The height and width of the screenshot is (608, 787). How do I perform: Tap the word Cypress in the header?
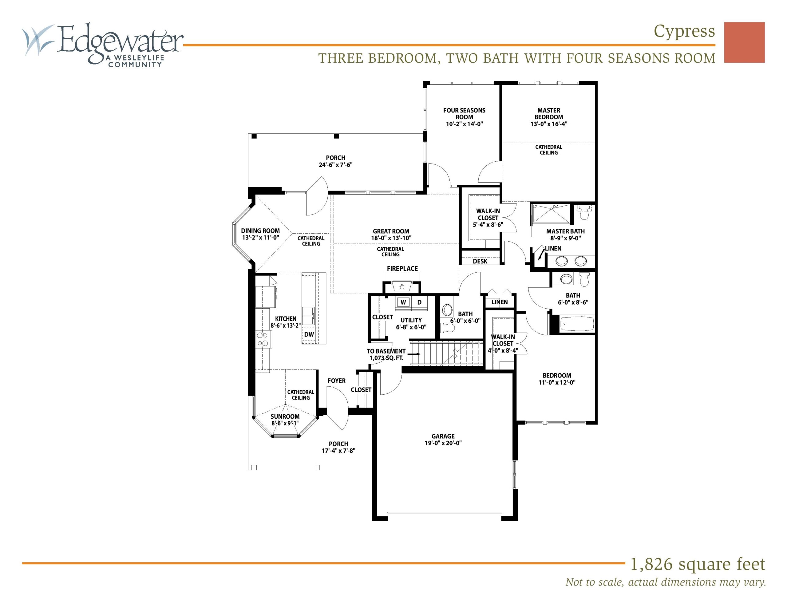tap(684, 32)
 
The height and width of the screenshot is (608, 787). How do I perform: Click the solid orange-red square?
tap(745, 42)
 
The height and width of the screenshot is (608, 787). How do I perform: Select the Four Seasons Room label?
tap(464, 113)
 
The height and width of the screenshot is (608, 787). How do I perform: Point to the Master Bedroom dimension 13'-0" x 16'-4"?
tap(549, 124)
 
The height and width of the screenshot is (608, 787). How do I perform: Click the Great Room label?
tap(391, 231)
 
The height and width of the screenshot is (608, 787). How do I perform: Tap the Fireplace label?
tap(402, 269)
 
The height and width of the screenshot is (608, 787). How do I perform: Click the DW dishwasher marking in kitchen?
tap(309, 334)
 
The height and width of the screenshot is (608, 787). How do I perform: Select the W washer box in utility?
tap(403, 302)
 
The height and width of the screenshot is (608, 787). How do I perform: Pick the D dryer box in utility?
tap(419, 302)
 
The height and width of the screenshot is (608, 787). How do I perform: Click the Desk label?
tap(480, 261)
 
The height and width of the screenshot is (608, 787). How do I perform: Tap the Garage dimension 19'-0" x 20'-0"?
tap(443, 443)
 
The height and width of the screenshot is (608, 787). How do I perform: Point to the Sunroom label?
tap(285, 417)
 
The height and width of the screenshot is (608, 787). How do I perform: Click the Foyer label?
tap(337, 381)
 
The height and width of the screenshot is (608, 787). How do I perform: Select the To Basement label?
tap(386, 351)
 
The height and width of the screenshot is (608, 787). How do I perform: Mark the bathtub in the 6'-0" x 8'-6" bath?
tap(576, 324)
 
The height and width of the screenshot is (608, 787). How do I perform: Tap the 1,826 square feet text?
tap(697, 565)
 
